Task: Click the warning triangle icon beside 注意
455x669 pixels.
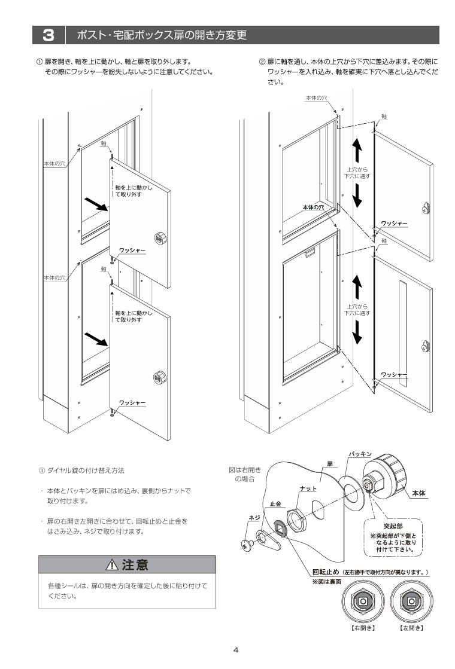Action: [x=111, y=564]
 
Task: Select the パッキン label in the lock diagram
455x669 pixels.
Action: [x=361, y=455]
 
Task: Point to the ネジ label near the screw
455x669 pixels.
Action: [x=253, y=517]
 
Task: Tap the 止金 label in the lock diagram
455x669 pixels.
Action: [x=275, y=504]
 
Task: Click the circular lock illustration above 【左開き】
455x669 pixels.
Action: [x=411, y=602]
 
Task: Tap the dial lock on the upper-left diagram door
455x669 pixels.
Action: [x=160, y=237]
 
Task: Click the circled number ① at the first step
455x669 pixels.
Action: [x=40, y=62]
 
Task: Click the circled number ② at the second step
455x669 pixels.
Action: [x=262, y=62]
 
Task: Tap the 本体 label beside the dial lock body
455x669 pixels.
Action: [x=418, y=494]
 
